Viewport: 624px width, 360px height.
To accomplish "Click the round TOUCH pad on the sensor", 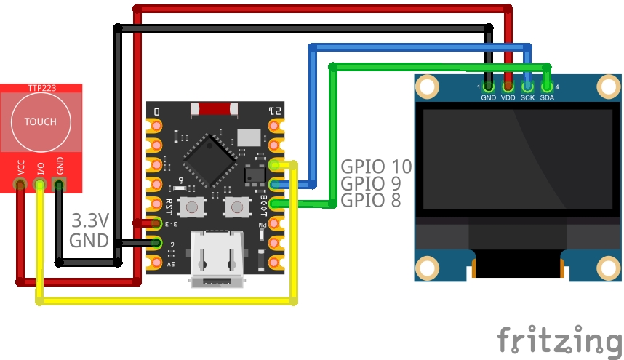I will [40, 121].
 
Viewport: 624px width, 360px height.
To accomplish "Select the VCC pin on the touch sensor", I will [20, 186].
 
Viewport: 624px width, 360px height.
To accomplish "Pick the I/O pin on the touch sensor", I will [40, 186].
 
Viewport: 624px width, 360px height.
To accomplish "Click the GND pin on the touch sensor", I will [60, 186].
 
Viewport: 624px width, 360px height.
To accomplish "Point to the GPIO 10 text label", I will [376, 167].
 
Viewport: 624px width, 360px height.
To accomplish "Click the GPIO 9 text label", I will [371, 184].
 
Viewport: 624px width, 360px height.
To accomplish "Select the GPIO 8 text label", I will [371, 201].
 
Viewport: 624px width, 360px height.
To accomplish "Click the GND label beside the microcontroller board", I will [89, 240].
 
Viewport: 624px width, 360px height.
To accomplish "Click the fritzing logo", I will [559, 340].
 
